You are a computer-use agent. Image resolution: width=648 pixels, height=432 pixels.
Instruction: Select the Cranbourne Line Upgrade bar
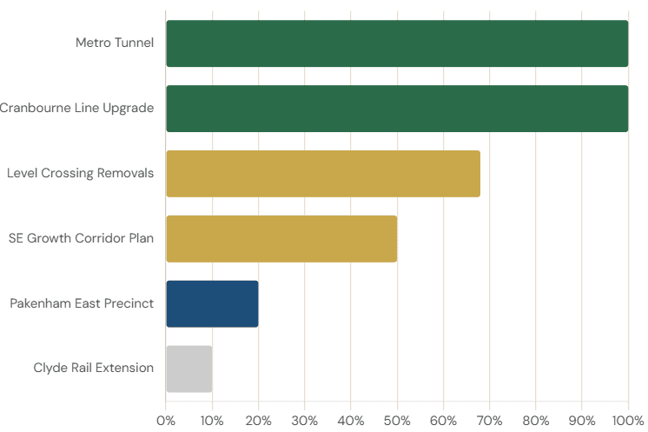[396, 109]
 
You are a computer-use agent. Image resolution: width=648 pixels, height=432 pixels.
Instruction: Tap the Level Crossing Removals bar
[322, 174]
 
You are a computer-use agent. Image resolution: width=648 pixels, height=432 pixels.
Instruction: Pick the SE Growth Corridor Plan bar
[281, 238]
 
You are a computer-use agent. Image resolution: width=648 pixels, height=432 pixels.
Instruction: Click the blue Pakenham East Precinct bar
[212, 303]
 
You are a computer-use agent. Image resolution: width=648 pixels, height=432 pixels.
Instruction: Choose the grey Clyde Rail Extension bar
[188, 369]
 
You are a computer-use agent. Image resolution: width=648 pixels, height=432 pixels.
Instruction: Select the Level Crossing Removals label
[80, 173]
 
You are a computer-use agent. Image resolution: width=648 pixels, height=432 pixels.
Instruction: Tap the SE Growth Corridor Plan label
[81, 237]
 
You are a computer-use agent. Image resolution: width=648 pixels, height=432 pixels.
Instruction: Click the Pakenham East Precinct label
[82, 303]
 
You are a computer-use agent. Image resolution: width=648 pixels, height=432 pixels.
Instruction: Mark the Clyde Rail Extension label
[95, 368]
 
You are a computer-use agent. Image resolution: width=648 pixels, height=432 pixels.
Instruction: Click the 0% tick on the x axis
[166, 421]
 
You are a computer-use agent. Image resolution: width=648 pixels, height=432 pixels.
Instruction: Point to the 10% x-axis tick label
[212, 421]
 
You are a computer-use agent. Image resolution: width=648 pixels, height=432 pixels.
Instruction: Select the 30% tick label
[304, 421]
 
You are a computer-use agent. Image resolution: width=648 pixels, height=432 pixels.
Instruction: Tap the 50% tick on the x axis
[397, 421]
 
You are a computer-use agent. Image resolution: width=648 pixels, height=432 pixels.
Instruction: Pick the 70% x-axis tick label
[489, 421]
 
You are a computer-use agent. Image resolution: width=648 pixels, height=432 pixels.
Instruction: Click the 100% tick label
[626, 421]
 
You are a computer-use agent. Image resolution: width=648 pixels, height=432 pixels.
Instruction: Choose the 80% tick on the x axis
[536, 421]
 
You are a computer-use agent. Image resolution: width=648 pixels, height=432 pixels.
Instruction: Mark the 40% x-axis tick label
[351, 421]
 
